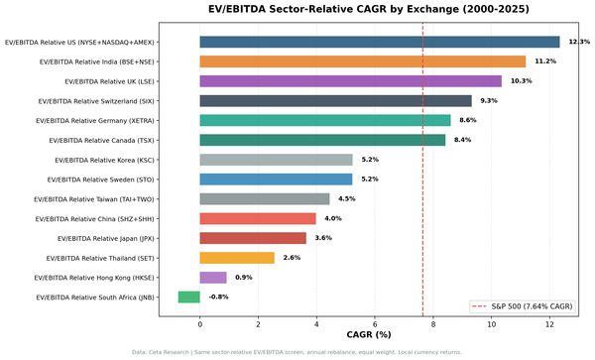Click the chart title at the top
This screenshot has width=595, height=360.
pyautogui.click(x=368, y=9)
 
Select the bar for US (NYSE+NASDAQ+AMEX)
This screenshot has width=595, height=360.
pyautogui.click(x=380, y=42)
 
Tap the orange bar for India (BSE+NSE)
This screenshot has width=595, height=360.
pyautogui.click(x=363, y=61)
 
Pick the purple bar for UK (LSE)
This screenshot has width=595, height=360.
pyautogui.click(x=350, y=81)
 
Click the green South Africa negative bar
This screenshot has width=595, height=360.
pyautogui.click(x=188, y=297)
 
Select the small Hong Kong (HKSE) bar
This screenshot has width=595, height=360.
pyautogui.click(x=213, y=278)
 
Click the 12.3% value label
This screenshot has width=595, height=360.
pyautogui.click(x=578, y=42)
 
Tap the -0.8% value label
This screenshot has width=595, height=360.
pyautogui.click(x=218, y=297)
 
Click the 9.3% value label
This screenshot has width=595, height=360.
pyautogui.click(x=488, y=101)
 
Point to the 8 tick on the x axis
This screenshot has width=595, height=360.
pyautogui.click(x=433, y=323)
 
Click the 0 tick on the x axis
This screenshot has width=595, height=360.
pyautogui.click(x=200, y=323)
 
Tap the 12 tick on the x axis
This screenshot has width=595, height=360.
pyautogui.click(x=549, y=323)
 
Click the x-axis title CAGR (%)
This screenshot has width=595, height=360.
pyautogui.click(x=368, y=335)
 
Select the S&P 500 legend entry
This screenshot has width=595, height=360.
pyautogui.click(x=527, y=306)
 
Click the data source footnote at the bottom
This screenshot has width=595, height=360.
pyautogui.click(x=297, y=352)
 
